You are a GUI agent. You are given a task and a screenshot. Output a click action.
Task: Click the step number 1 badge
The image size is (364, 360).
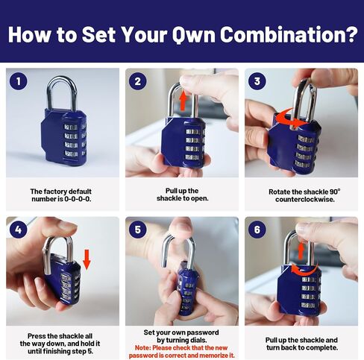(19, 81)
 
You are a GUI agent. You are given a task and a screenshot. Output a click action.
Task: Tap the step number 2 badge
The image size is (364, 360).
(138, 81)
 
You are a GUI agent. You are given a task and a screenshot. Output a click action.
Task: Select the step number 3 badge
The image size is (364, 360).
(257, 81)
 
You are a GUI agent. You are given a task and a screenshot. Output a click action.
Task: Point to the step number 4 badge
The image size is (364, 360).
(19, 230)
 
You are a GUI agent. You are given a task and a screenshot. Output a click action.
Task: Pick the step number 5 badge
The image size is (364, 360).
(138, 230)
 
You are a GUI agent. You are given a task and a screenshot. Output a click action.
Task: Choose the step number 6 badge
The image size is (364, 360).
(257, 230)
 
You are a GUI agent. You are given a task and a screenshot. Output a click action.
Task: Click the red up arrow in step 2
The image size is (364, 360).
(183, 101)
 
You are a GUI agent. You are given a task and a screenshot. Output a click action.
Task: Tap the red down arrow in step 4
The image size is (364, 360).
(87, 260)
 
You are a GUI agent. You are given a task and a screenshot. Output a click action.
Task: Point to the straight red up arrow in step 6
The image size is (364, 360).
(301, 251)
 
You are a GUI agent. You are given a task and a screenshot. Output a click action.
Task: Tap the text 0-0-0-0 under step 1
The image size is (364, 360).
(78, 199)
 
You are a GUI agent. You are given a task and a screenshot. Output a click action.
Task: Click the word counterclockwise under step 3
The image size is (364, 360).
(304, 200)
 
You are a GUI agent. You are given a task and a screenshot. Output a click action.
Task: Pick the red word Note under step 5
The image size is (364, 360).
(142, 347)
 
